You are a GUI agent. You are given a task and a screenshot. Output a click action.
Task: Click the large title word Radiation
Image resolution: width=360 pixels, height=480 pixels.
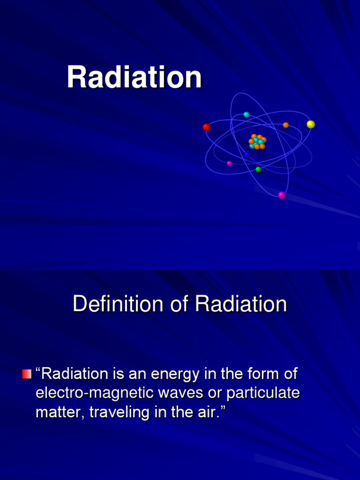click(x=134, y=77)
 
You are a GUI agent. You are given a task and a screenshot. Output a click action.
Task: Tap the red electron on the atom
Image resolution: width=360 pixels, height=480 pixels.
click(x=206, y=127)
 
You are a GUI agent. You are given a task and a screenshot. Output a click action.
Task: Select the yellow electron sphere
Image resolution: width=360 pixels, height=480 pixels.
click(x=311, y=124)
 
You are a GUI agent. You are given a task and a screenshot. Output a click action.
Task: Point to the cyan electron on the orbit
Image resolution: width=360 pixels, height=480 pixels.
click(x=247, y=115)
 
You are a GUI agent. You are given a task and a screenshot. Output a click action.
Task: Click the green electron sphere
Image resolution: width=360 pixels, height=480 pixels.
click(x=258, y=169)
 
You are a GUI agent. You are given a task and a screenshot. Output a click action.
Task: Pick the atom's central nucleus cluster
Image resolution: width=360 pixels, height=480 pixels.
click(x=257, y=142)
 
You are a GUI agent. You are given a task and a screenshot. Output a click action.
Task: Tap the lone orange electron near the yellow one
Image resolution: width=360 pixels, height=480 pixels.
click(x=286, y=125)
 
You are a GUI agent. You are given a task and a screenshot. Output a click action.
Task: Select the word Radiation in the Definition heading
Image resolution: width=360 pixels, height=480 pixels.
click(x=241, y=305)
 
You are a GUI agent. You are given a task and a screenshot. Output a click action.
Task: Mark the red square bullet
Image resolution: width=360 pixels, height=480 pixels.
click(x=27, y=374)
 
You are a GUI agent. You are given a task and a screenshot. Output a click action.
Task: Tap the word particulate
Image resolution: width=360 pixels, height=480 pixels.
click(x=263, y=393)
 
